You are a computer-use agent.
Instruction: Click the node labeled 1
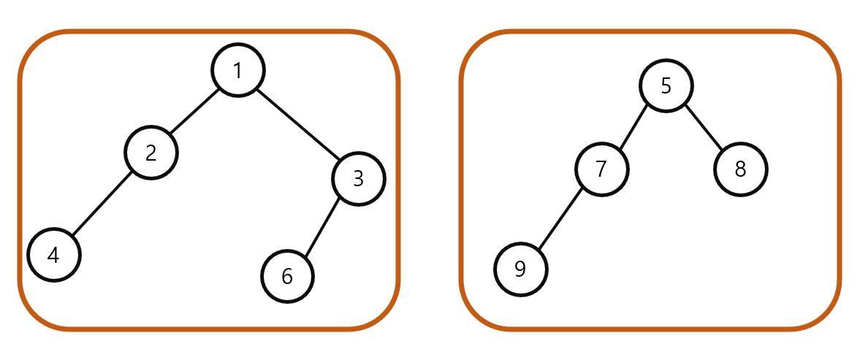tap(237, 70)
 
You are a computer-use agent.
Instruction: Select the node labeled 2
tap(151, 153)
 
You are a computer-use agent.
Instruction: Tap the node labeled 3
tap(358, 178)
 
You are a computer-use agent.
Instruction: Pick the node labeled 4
tap(53, 255)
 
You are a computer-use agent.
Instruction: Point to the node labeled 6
tap(287, 276)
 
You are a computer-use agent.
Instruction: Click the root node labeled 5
tap(666, 85)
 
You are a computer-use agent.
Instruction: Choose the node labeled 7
tap(601, 169)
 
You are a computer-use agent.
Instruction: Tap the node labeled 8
tap(740, 169)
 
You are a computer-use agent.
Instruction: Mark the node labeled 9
tap(520, 269)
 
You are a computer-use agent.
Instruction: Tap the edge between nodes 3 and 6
tap(322, 227)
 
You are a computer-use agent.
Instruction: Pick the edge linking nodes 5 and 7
tap(633, 128)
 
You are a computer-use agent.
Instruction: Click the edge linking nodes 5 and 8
tap(703, 128)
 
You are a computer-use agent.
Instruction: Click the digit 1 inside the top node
tap(237, 70)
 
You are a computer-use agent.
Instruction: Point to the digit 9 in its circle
tap(520, 269)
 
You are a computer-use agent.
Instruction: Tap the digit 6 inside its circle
tap(287, 276)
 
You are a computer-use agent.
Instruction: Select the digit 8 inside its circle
tap(740, 169)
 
